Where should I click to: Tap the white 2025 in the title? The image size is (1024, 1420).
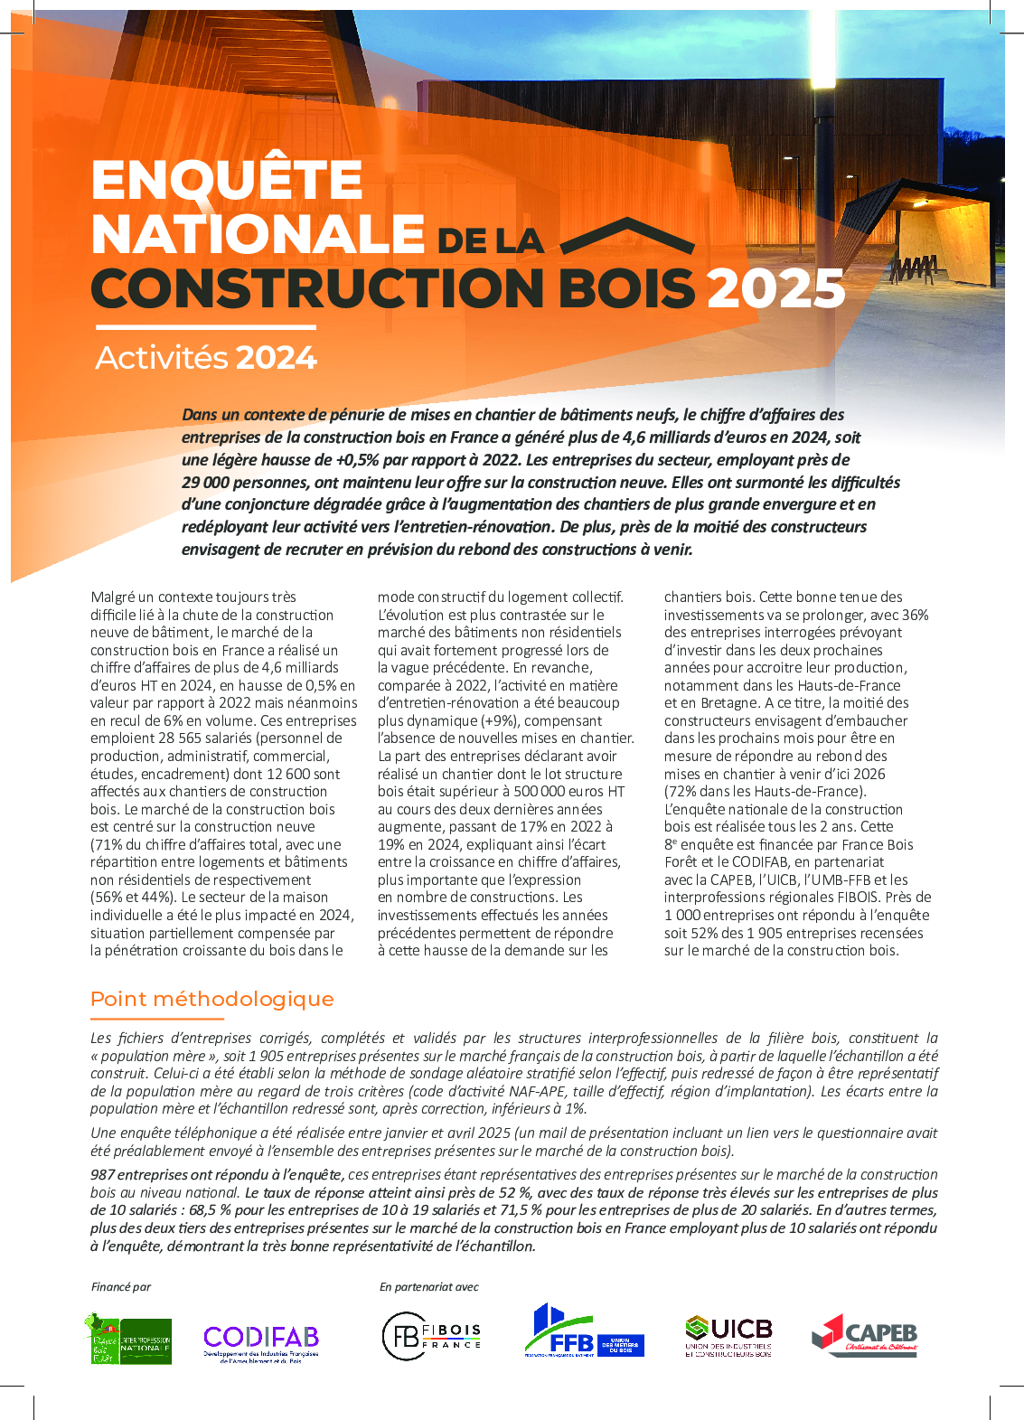point(775,288)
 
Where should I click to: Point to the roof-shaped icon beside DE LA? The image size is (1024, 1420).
point(627,237)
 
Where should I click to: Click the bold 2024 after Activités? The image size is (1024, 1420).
point(276,358)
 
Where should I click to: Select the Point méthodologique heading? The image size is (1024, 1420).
point(212,999)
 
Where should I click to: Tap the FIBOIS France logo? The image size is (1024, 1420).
point(431,1336)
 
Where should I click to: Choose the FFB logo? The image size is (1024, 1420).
point(583,1332)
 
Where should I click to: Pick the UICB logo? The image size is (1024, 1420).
point(728,1336)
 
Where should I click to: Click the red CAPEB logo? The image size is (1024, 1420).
point(864,1334)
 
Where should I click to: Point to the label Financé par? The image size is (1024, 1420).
point(121,1286)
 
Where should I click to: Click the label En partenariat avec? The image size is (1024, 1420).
point(428,1286)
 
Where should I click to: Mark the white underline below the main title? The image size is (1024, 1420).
point(205,327)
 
